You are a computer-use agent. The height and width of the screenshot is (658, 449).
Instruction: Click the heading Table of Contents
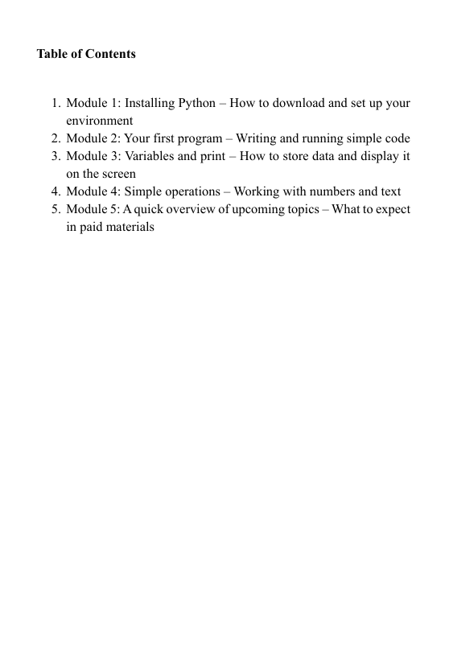[x=86, y=55]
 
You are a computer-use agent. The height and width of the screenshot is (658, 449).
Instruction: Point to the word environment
[x=99, y=121]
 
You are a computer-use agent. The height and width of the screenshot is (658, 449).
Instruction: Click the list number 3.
[x=56, y=156]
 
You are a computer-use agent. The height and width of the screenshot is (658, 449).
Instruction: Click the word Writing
[x=255, y=138]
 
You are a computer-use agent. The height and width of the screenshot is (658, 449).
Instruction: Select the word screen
[x=118, y=174]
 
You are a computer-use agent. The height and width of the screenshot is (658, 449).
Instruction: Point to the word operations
[x=187, y=191]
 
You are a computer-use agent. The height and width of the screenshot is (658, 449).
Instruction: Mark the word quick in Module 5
[x=150, y=209]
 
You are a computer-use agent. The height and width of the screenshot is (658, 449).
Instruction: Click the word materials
[x=130, y=227]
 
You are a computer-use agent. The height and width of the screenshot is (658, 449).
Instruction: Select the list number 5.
[x=56, y=209]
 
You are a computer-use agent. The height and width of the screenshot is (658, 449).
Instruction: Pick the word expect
[x=391, y=209]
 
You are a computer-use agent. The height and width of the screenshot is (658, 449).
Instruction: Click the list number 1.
[x=56, y=104]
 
